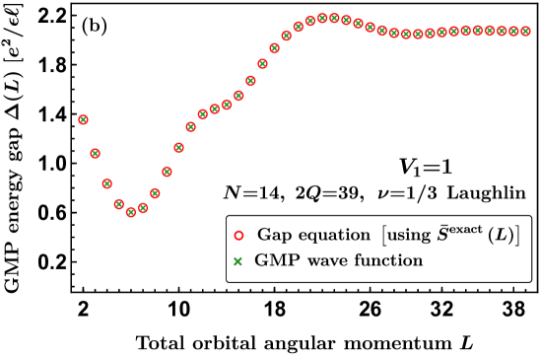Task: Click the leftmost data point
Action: [83, 119]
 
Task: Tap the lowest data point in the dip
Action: [131, 212]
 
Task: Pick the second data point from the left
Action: [96, 153]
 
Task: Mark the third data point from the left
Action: [107, 183]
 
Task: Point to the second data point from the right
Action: [513, 32]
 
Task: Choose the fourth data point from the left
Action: [119, 204]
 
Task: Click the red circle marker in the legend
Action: [237, 236]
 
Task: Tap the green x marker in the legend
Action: [237, 261]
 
